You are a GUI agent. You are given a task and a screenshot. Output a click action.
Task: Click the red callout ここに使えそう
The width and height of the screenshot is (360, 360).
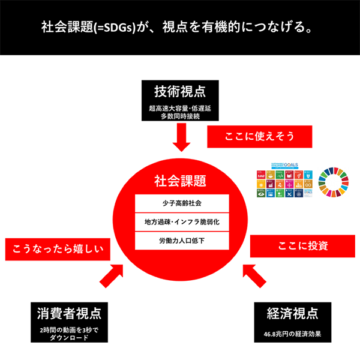click(260, 137)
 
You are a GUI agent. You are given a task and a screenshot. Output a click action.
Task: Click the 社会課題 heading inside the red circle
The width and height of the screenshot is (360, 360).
click(181, 180)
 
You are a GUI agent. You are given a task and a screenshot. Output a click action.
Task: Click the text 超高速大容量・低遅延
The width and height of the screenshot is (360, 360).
click(180, 109)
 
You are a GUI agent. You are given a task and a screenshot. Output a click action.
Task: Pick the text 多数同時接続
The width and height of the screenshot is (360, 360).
click(180, 117)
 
